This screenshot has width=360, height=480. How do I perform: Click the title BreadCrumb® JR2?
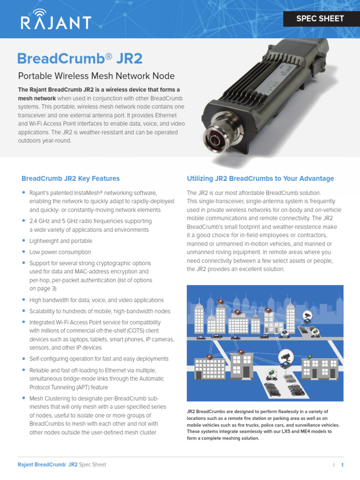(x=80, y=59)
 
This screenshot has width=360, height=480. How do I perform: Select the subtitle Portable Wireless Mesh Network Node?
(x=97, y=76)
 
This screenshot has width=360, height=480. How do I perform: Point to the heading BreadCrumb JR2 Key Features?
(x=70, y=179)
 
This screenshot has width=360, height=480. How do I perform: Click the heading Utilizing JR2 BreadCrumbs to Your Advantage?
(x=261, y=179)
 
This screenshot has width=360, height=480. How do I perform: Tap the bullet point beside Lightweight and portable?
(x=23, y=240)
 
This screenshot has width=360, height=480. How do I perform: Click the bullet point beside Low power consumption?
(x=23, y=252)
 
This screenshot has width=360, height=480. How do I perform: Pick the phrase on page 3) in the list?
(x=43, y=288)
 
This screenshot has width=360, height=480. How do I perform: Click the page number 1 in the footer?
(x=342, y=465)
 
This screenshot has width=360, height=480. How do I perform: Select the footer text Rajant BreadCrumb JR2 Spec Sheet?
(x=62, y=465)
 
